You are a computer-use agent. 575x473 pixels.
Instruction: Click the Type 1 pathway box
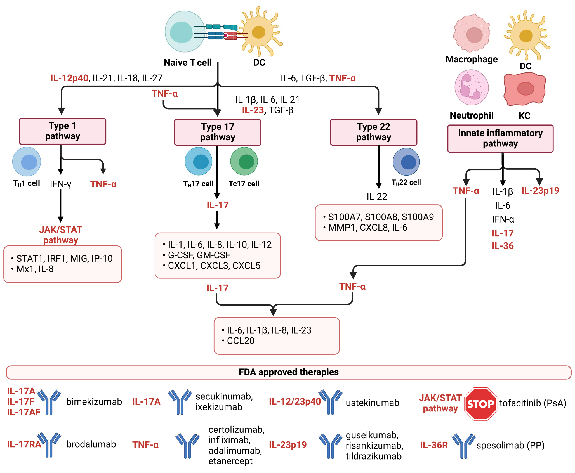pyautogui.click(x=62, y=131)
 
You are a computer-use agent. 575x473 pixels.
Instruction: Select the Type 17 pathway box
pyautogui.click(x=218, y=132)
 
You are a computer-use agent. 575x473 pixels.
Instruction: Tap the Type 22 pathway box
pyautogui.click(x=373, y=132)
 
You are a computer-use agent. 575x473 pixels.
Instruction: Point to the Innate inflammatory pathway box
pyautogui.click(x=500, y=138)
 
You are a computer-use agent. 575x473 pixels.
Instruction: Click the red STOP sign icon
pyautogui.click(x=480, y=404)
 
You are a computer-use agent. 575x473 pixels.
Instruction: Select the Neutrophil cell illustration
pyautogui.click(x=472, y=87)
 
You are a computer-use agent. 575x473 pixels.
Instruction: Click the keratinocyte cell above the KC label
pyautogui.click(x=524, y=89)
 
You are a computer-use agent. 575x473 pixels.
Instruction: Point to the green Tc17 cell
pyautogui.click(x=244, y=162)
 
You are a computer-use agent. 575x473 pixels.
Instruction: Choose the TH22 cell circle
pyautogui.click(x=406, y=162)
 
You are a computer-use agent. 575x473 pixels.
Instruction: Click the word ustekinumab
pyautogui.click(x=372, y=403)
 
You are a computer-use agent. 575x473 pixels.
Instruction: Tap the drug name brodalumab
pyautogui.click(x=91, y=444)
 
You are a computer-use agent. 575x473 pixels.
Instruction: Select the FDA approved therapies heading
pyautogui.click(x=289, y=372)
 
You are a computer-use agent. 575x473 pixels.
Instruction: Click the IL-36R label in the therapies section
pyautogui.click(x=434, y=445)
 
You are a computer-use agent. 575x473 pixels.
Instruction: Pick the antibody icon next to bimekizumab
pyautogui.click(x=49, y=402)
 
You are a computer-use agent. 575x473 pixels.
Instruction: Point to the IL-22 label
pyautogui.click(x=377, y=197)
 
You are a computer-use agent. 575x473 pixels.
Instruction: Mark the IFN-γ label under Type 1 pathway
pyautogui.click(x=60, y=184)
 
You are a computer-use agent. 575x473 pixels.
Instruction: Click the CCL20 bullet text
pyautogui.click(x=241, y=341)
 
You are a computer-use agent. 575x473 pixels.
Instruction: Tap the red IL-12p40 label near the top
pyautogui.click(x=69, y=78)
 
